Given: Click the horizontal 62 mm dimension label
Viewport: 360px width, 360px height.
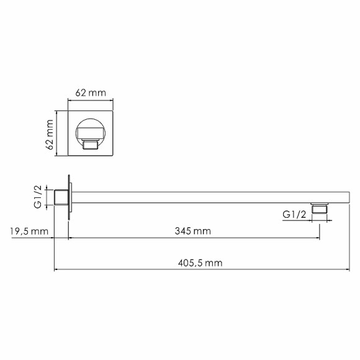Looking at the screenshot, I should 90,92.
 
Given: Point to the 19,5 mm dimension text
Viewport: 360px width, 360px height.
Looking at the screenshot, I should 28,231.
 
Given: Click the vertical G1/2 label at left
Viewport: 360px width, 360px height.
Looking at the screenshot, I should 38,197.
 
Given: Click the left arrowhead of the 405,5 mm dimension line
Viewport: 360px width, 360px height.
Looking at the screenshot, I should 57,270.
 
